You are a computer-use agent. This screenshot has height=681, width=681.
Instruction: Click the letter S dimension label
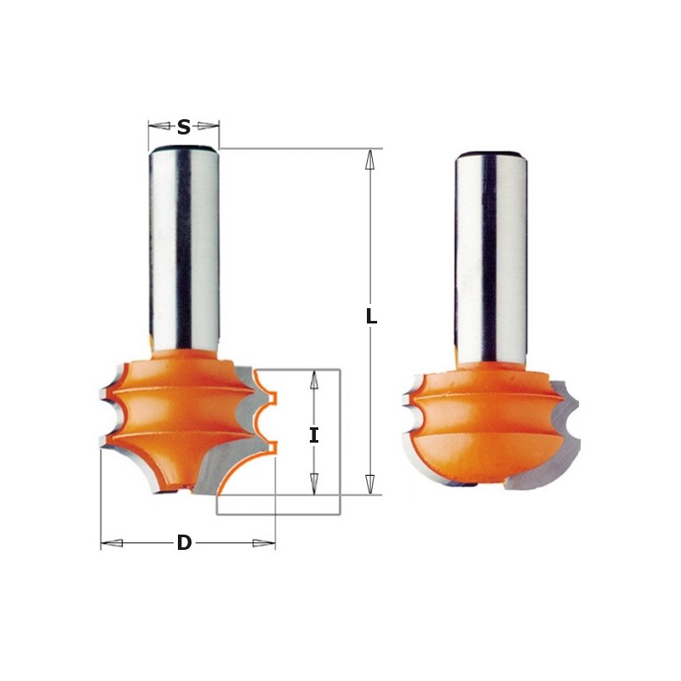tap(184, 128)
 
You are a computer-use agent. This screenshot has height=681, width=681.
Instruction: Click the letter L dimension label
tap(371, 317)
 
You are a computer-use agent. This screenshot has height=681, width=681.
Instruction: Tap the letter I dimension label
tap(314, 435)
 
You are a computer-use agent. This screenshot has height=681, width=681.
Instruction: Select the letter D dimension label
tap(184, 543)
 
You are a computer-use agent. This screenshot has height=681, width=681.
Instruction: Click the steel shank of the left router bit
tap(184, 247)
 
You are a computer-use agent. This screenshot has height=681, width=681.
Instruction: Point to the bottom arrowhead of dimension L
tap(370, 484)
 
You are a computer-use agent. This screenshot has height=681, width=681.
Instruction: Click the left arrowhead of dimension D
tap(112, 543)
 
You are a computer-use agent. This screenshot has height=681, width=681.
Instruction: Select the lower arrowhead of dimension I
tap(314, 484)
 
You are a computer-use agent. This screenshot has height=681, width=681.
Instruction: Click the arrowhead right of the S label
tap(209, 127)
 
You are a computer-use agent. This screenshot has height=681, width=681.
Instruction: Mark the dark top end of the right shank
tap(490, 155)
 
